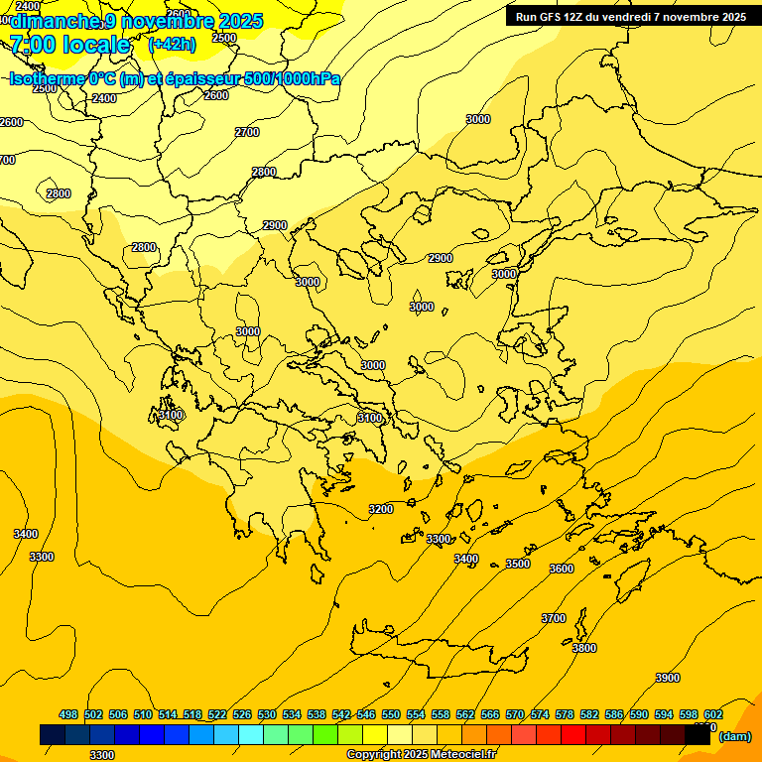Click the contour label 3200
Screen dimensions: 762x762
(x=381, y=509)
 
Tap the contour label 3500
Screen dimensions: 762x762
(x=518, y=564)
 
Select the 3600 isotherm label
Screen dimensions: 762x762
(x=562, y=569)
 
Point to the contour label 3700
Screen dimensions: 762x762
(x=554, y=618)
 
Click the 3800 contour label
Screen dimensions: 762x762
(x=584, y=648)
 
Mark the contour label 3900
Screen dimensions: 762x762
(x=668, y=678)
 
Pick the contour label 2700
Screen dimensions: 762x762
(x=247, y=132)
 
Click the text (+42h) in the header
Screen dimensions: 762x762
(x=172, y=44)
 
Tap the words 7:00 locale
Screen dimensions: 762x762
(x=69, y=45)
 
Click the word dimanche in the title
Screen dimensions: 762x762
(x=56, y=21)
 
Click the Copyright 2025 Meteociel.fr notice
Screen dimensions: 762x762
(x=421, y=755)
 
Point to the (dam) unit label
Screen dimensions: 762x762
(x=734, y=737)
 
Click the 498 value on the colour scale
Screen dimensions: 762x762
(x=68, y=714)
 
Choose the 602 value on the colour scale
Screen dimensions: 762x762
(x=713, y=714)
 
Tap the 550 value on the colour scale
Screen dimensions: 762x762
(x=391, y=714)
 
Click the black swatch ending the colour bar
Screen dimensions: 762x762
(x=698, y=734)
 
